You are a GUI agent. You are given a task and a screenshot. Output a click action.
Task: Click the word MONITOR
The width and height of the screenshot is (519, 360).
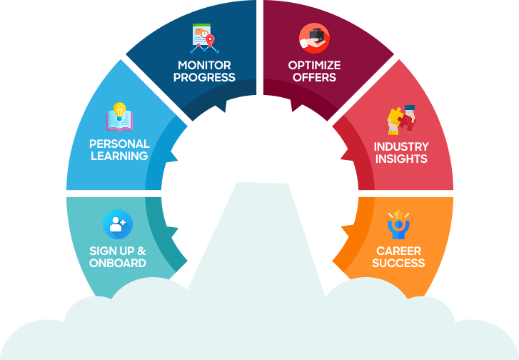(203, 66)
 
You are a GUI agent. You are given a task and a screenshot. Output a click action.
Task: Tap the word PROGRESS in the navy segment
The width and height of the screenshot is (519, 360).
(203, 77)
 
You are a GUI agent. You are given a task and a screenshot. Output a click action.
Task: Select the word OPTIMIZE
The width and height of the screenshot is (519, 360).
(314, 66)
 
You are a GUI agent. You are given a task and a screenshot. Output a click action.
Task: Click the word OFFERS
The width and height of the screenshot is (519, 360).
(314, 77)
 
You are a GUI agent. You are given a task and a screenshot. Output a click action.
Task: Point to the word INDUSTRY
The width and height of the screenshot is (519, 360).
(401, 146)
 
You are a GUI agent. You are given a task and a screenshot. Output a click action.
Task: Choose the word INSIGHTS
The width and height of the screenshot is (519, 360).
(401, 159)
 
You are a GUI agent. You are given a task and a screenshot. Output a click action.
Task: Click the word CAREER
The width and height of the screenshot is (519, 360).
(398, 251)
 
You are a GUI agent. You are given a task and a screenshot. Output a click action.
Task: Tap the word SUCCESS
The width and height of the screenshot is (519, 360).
(398, 263)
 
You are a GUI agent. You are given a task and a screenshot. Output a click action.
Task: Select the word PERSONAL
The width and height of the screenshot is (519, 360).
(119, 144)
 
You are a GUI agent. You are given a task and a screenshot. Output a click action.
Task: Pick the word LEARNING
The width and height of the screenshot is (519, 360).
(119, 156)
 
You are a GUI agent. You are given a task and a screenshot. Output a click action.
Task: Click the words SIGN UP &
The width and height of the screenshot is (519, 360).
(118, 251)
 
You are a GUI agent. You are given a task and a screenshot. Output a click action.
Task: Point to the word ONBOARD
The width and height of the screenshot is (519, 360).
(118, 263)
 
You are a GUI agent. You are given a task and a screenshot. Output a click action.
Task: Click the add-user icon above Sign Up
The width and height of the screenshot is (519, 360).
(118, 224)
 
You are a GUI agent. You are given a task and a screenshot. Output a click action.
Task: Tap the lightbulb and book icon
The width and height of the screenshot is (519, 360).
(120, 118)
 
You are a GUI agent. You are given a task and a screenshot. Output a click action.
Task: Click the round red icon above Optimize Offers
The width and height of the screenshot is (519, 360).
(314, 39)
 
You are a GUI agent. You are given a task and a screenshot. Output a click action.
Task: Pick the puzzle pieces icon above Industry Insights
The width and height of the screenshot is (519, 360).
(401, 119)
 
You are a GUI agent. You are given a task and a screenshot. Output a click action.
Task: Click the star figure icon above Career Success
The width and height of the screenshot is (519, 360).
(398, 225)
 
